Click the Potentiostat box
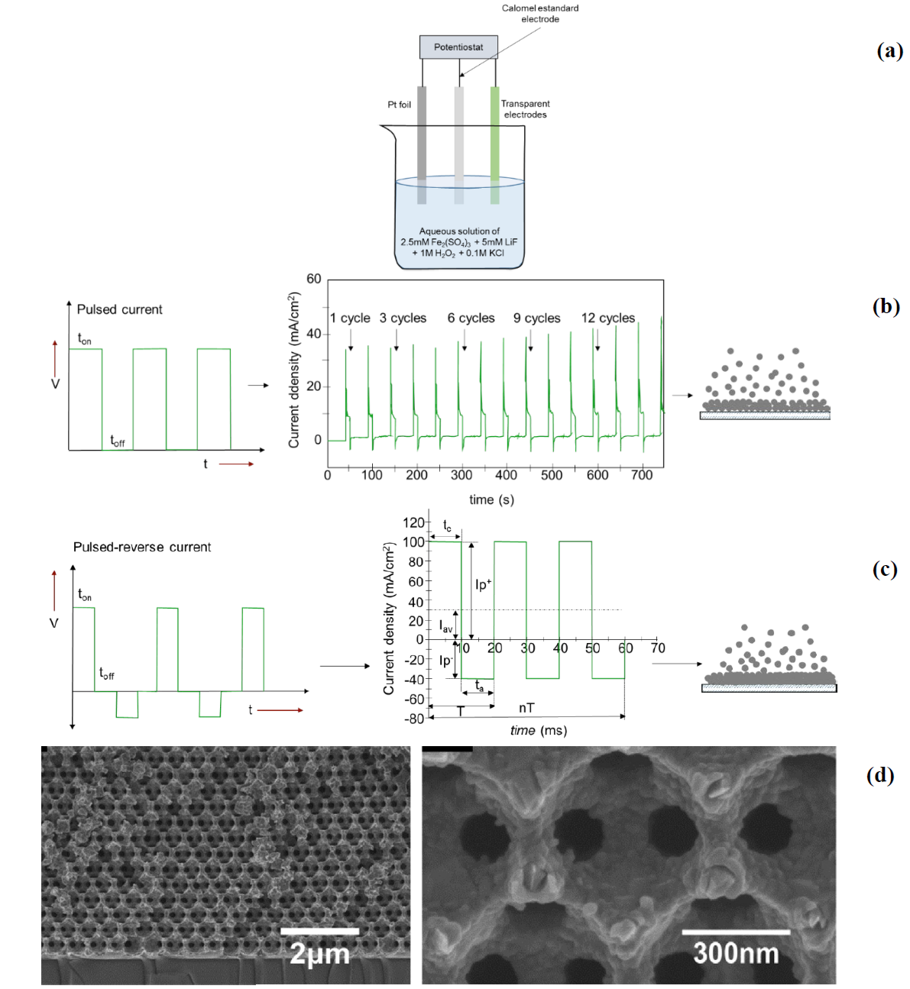pyautogui.click(x=458, y=47)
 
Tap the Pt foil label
pyautogui.click(x=399, y=105)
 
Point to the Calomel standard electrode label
pyautogui.click(x=539, y=14)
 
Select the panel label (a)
pyautogui.click(x=889, y=51)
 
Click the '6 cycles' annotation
pyautogui.click(x=471, y=318)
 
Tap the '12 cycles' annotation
pyautogui.click(x=607, y=318)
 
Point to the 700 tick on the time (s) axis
pyautogui.click(x=642, y=475)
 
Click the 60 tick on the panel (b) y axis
pyautogui.click(x=314, y=280)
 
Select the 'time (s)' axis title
pyautogui.click(x=491, y=499)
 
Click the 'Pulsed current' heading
pyautogui.click(x=119, y=309)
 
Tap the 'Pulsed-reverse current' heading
pyautogui.click(x=142, y=547)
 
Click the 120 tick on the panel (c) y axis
pyautogui.click(x=413, y=522)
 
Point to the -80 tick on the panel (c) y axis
pyautogui.click(x=414, y=719)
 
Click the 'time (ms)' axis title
pyautogui.click(x=539, y=731)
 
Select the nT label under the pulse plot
pyautogui.click(x=526, y=708)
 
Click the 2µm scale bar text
pyautogui.click(x=319, y=954)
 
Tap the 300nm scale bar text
pyautogui.click(x=735, y=953)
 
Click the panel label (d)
pyautogui.click(x=879, y=775)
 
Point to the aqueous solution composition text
pyautogui.click(x=459, y=241)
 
